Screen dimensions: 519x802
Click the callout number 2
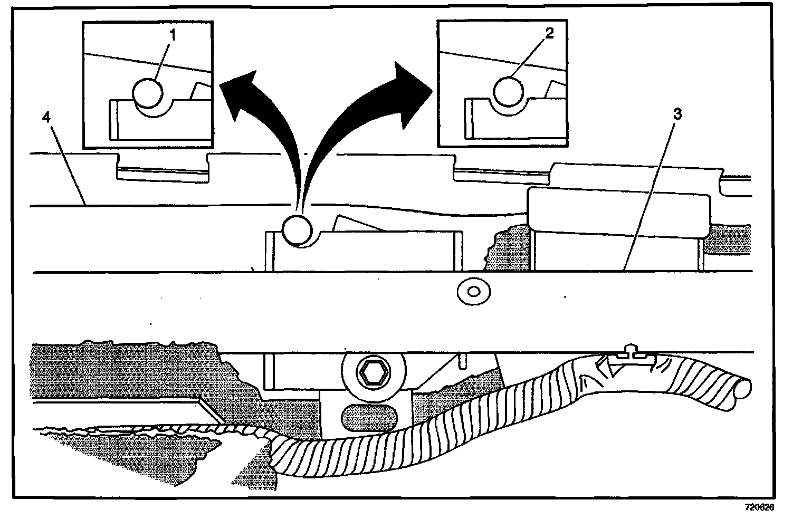click(x=549, y=34)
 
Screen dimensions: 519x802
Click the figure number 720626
click(x=759, y=507)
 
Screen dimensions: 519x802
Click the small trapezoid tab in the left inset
click(x=202, y=91)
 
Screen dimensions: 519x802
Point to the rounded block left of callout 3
click(x=620, y=210)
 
